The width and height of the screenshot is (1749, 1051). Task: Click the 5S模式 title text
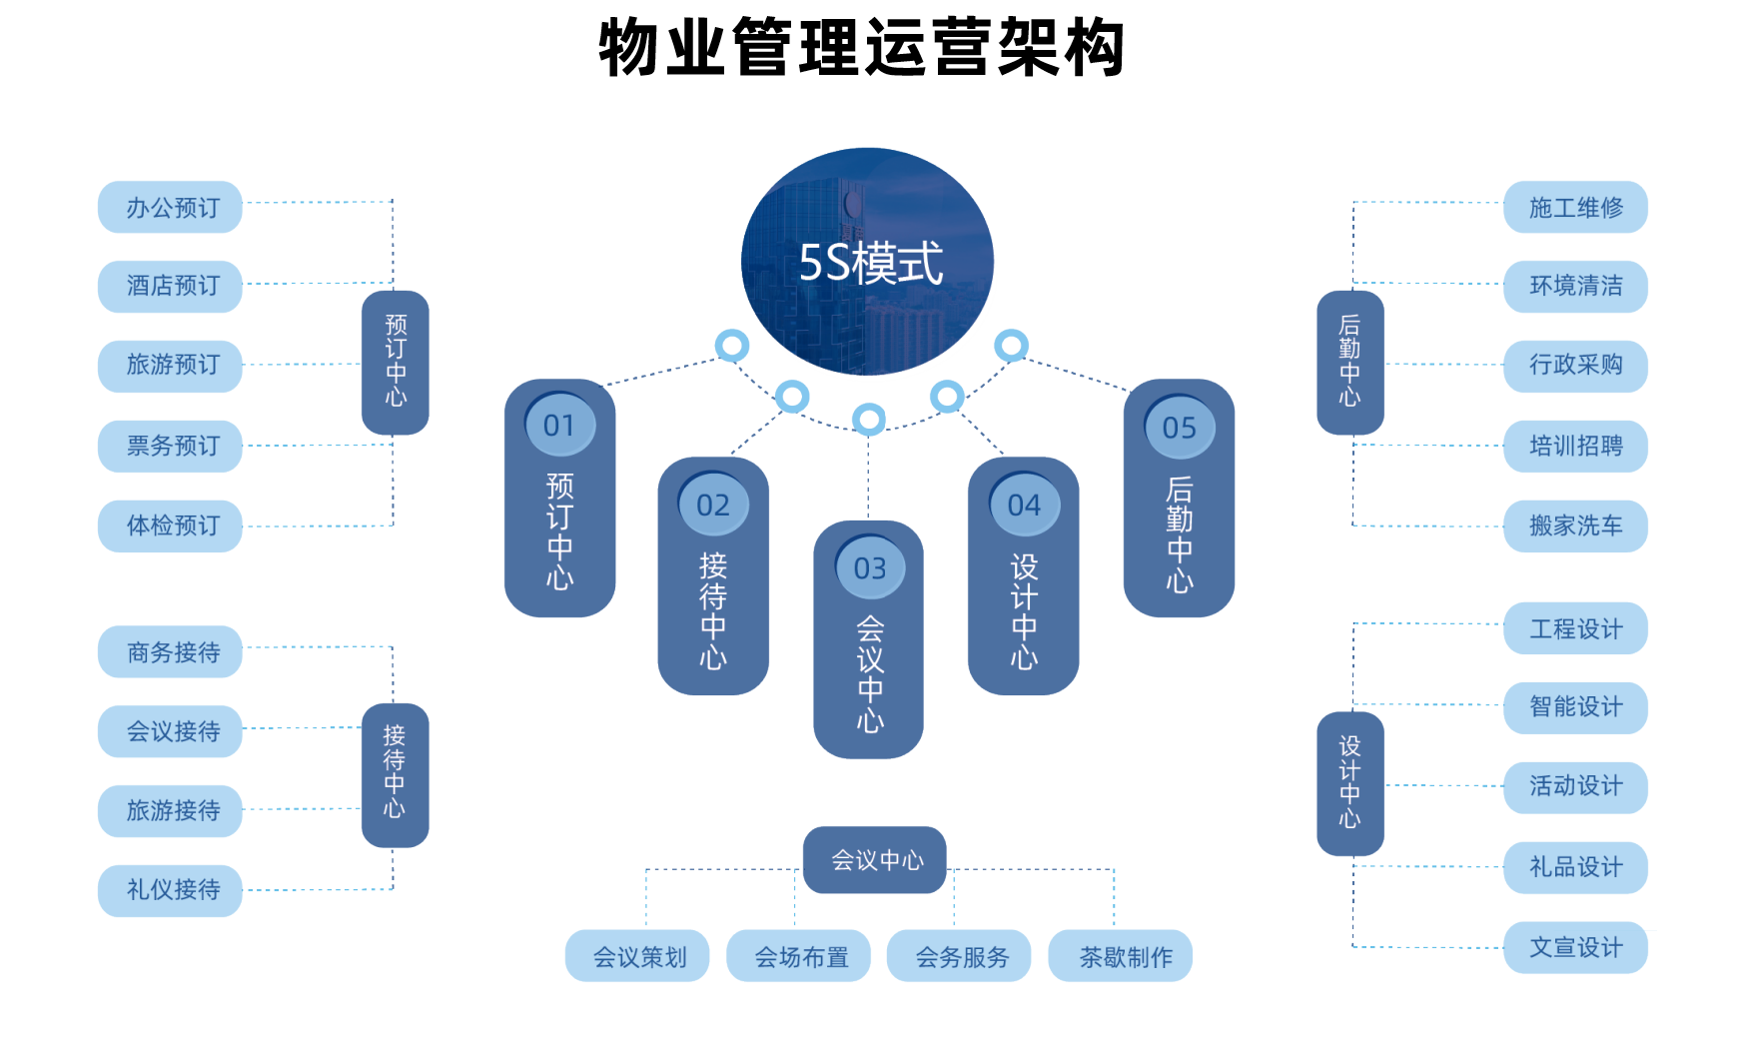point(870,264)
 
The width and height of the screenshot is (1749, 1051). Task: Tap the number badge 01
point(560,427)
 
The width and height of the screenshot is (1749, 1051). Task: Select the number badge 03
point(870,568)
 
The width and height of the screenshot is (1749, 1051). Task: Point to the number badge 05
point(1180,429)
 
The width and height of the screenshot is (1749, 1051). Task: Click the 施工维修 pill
point(1575,208)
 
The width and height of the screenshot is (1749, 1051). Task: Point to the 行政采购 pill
point(1575,366)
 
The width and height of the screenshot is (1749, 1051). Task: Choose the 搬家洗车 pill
point(1575,525)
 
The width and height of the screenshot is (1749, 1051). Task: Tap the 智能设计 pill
point(1575,707)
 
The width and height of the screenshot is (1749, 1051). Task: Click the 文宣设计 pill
point(1575,947)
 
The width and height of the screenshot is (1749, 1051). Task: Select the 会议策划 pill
point(638,957)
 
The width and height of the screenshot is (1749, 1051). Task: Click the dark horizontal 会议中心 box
point(875,859)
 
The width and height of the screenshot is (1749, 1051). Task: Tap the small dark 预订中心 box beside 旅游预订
point(396,363)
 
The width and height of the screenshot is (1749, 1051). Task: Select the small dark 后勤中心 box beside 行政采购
point(1350,363)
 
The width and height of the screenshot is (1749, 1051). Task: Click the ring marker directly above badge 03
point(869,419)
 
